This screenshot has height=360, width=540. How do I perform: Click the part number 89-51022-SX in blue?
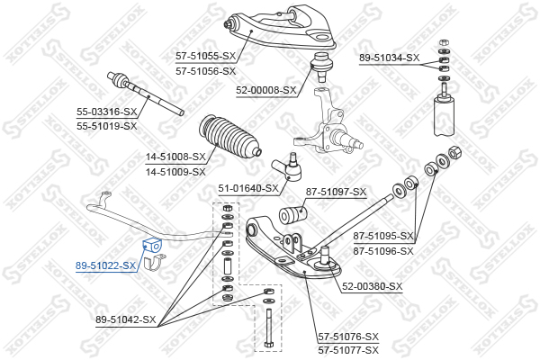(x=105, y=265)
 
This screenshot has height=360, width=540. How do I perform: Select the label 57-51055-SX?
(x=205, y=56)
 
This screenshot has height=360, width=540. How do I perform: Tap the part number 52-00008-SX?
(x=265, y=90)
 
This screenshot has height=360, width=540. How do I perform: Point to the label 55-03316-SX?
(x=107, y=112)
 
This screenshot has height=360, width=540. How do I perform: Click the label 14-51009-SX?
(x=175, y=172)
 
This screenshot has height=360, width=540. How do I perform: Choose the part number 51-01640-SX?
(x=248, y=188)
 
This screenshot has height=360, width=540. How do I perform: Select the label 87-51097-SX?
(x=336, y=192)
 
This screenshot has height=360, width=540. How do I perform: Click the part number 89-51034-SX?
(x=390, y=58)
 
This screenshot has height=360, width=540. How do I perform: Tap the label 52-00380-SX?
(x=373, y=286)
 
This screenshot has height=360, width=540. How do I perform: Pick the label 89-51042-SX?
(x=126, y=319)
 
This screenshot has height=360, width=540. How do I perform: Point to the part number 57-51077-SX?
(x=348, y=350)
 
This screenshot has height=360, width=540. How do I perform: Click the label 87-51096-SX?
(x=383, y=251)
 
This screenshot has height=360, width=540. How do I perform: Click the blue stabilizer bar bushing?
(x=152, y=245)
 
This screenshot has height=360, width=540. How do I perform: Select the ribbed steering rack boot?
(x=229, y=137)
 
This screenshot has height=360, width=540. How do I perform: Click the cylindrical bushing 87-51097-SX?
(x=292, y=214)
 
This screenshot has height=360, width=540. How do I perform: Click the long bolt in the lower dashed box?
(x=268, y=328)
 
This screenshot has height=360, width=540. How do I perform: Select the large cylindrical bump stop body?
(x=444, y=115)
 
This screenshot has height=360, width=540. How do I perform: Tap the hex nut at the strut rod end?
(x=454, y=152)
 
